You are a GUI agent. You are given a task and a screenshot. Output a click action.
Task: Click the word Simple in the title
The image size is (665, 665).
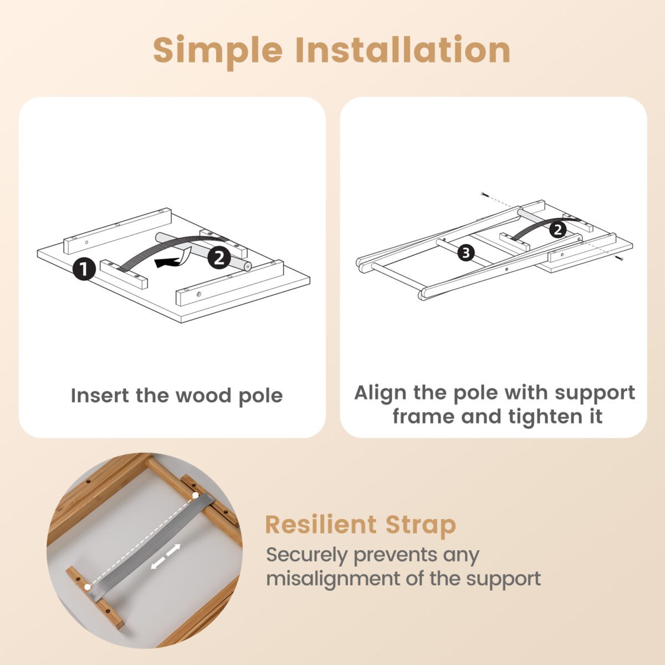click(218, 52)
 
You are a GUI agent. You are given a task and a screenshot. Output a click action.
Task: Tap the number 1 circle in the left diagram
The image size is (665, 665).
click(84, 269)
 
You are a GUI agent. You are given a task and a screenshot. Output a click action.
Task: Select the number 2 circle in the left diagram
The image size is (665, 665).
click(219, 258)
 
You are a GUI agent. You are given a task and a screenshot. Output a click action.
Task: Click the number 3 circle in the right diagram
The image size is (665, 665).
click(466, 253)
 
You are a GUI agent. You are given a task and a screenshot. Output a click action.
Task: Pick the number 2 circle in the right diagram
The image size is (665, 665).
click(557, 230)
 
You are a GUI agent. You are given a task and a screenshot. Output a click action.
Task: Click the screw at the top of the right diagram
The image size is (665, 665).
click(485, 195)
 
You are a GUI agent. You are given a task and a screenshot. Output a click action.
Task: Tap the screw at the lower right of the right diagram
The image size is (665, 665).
click(620, 258)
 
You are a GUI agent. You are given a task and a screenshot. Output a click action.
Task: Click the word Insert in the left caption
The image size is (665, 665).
click(100, 395)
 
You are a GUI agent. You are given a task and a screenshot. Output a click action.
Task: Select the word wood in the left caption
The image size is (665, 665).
click(203, 395)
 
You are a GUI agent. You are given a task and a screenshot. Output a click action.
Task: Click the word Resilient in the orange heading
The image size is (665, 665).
click(321, 525)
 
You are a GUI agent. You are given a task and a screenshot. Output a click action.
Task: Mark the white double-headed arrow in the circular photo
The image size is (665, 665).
click(166, 556)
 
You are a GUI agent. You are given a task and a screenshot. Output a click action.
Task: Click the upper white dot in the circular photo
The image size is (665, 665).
click(196, 495)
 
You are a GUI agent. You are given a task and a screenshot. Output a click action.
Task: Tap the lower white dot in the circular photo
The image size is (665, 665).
click(88, 587)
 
